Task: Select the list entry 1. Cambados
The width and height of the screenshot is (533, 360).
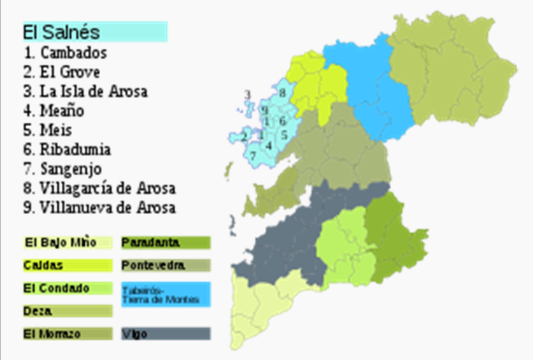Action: pos(65,52)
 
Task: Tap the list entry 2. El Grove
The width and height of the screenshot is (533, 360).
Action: pos(61,72)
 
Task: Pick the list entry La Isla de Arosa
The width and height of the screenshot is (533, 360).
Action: pos(85,91)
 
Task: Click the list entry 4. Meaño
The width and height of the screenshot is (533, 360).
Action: pos(53,111)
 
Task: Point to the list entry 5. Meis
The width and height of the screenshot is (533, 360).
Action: pos(47,130)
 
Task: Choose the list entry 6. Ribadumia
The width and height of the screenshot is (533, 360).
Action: pos(67,149)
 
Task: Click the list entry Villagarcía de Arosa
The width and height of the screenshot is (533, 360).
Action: pos(99,188)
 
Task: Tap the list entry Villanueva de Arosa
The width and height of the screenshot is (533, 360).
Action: pos(99,207)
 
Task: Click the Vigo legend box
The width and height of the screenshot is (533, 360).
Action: pos(165,333)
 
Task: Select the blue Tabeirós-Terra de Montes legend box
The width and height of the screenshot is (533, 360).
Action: pos(165,294)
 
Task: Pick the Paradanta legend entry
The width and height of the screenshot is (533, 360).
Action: pos(165,243)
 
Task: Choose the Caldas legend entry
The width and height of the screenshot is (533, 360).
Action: pos(67,265)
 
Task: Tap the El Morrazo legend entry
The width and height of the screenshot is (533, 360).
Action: pos(67,333)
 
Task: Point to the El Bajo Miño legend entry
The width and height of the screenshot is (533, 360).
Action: pos(67,243)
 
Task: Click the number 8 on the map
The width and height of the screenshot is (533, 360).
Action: pos(283,93)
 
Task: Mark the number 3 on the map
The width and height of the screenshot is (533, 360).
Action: pos(247,95)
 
